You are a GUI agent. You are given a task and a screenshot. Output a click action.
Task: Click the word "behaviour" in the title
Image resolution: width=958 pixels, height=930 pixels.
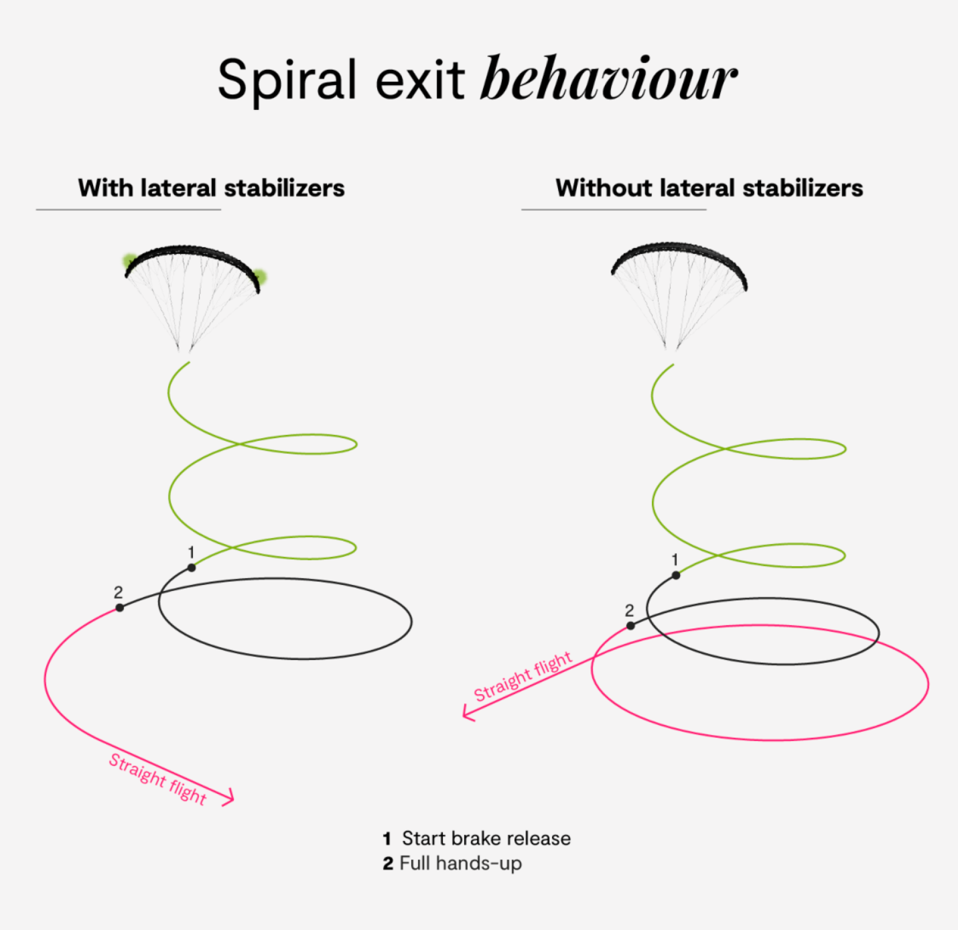click(608, 79)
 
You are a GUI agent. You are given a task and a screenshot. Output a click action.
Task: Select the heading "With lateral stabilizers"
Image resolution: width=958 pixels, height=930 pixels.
click(211, 188)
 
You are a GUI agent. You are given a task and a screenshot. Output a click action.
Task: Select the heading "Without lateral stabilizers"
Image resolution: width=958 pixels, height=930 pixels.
click(709, 188)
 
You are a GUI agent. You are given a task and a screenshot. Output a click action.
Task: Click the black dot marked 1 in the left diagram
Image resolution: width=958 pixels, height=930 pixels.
click(192, 568)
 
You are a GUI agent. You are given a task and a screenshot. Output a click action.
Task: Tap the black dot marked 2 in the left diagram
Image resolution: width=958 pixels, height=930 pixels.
click(119, 608)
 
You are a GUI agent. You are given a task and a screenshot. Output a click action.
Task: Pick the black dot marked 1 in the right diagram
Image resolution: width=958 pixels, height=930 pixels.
click(676, 575)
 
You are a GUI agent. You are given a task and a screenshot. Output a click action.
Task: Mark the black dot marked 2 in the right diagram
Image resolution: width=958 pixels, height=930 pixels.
click(630, 626)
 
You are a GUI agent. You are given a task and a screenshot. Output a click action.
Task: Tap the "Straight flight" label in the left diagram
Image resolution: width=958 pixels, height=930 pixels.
click(158, 779)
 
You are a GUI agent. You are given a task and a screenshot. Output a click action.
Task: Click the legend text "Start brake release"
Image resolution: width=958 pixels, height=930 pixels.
click(486, 838)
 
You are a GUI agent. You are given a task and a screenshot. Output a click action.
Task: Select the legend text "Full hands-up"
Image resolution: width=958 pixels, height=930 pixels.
click(460, 863)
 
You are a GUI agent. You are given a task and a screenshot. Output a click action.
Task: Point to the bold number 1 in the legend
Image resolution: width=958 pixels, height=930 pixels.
click(387, 839)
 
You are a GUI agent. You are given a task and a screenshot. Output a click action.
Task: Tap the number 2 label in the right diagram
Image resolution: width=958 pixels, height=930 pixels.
click(629, 610)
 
